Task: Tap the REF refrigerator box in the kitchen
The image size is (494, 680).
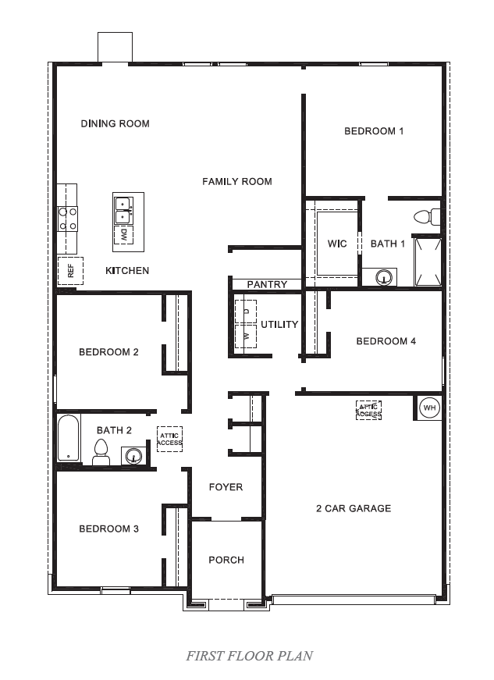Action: point(70,271)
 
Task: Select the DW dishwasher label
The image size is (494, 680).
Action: point(123,233)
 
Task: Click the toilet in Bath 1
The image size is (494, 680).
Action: point(427,216)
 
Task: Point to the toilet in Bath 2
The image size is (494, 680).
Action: point(100,452)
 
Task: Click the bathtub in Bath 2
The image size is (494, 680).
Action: point(68,439)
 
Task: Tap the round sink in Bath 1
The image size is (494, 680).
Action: point(383,276)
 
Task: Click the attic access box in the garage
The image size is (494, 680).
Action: point(368,410)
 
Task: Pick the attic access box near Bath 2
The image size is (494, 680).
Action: point(169,439)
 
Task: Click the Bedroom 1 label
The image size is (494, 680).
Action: point(374,131)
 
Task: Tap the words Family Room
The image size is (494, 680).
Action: point(237,182)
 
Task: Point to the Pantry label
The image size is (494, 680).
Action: point(267,285)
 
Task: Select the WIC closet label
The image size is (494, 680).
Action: point(337,244)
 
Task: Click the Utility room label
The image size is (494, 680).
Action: point(279,325)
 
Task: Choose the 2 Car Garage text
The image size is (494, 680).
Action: point(354,509)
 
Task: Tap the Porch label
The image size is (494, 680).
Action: point(226,560)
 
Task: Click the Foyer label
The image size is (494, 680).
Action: point(226,487)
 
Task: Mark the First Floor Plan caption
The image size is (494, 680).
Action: point(249,656)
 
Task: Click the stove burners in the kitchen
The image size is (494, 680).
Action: point(67,218)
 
